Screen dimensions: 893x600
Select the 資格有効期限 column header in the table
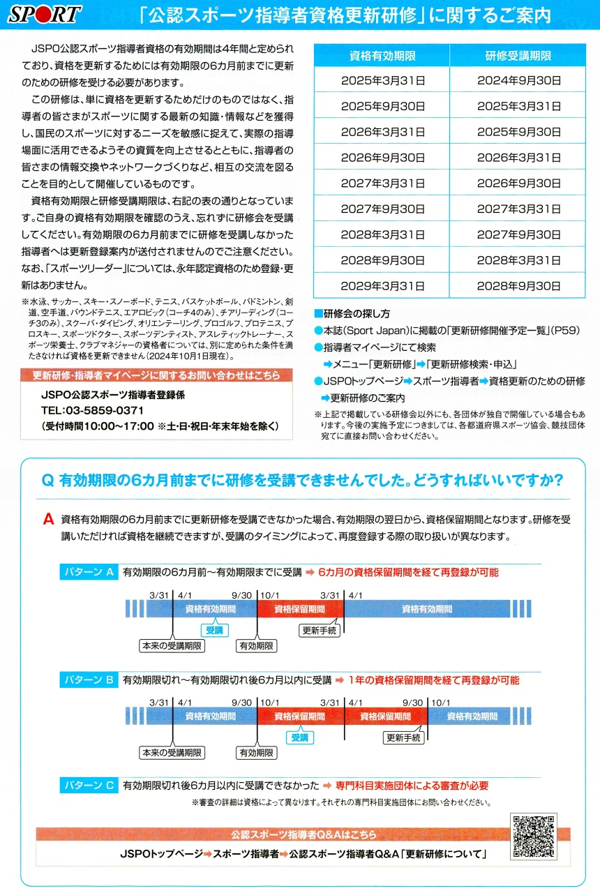tap(381, 56)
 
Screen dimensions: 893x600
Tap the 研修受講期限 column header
tap(518, 56)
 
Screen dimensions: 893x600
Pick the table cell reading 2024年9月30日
tap(518, 81)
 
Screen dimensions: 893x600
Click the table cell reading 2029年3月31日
tap(381, 286)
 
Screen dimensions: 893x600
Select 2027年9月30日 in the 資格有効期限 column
tap(381, 209)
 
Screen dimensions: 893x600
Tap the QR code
tap(534, 836)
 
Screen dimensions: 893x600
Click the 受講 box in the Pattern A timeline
tap(214, 629)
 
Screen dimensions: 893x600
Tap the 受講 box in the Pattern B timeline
tap(300, 737)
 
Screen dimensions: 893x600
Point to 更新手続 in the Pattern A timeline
tap(320, 630)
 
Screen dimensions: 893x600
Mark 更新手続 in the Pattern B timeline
tap(404, 737)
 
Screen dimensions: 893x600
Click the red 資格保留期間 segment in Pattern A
tap(300, 609)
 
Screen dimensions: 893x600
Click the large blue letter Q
tap(48, 481)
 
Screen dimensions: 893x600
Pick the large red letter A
tap(48, 520)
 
